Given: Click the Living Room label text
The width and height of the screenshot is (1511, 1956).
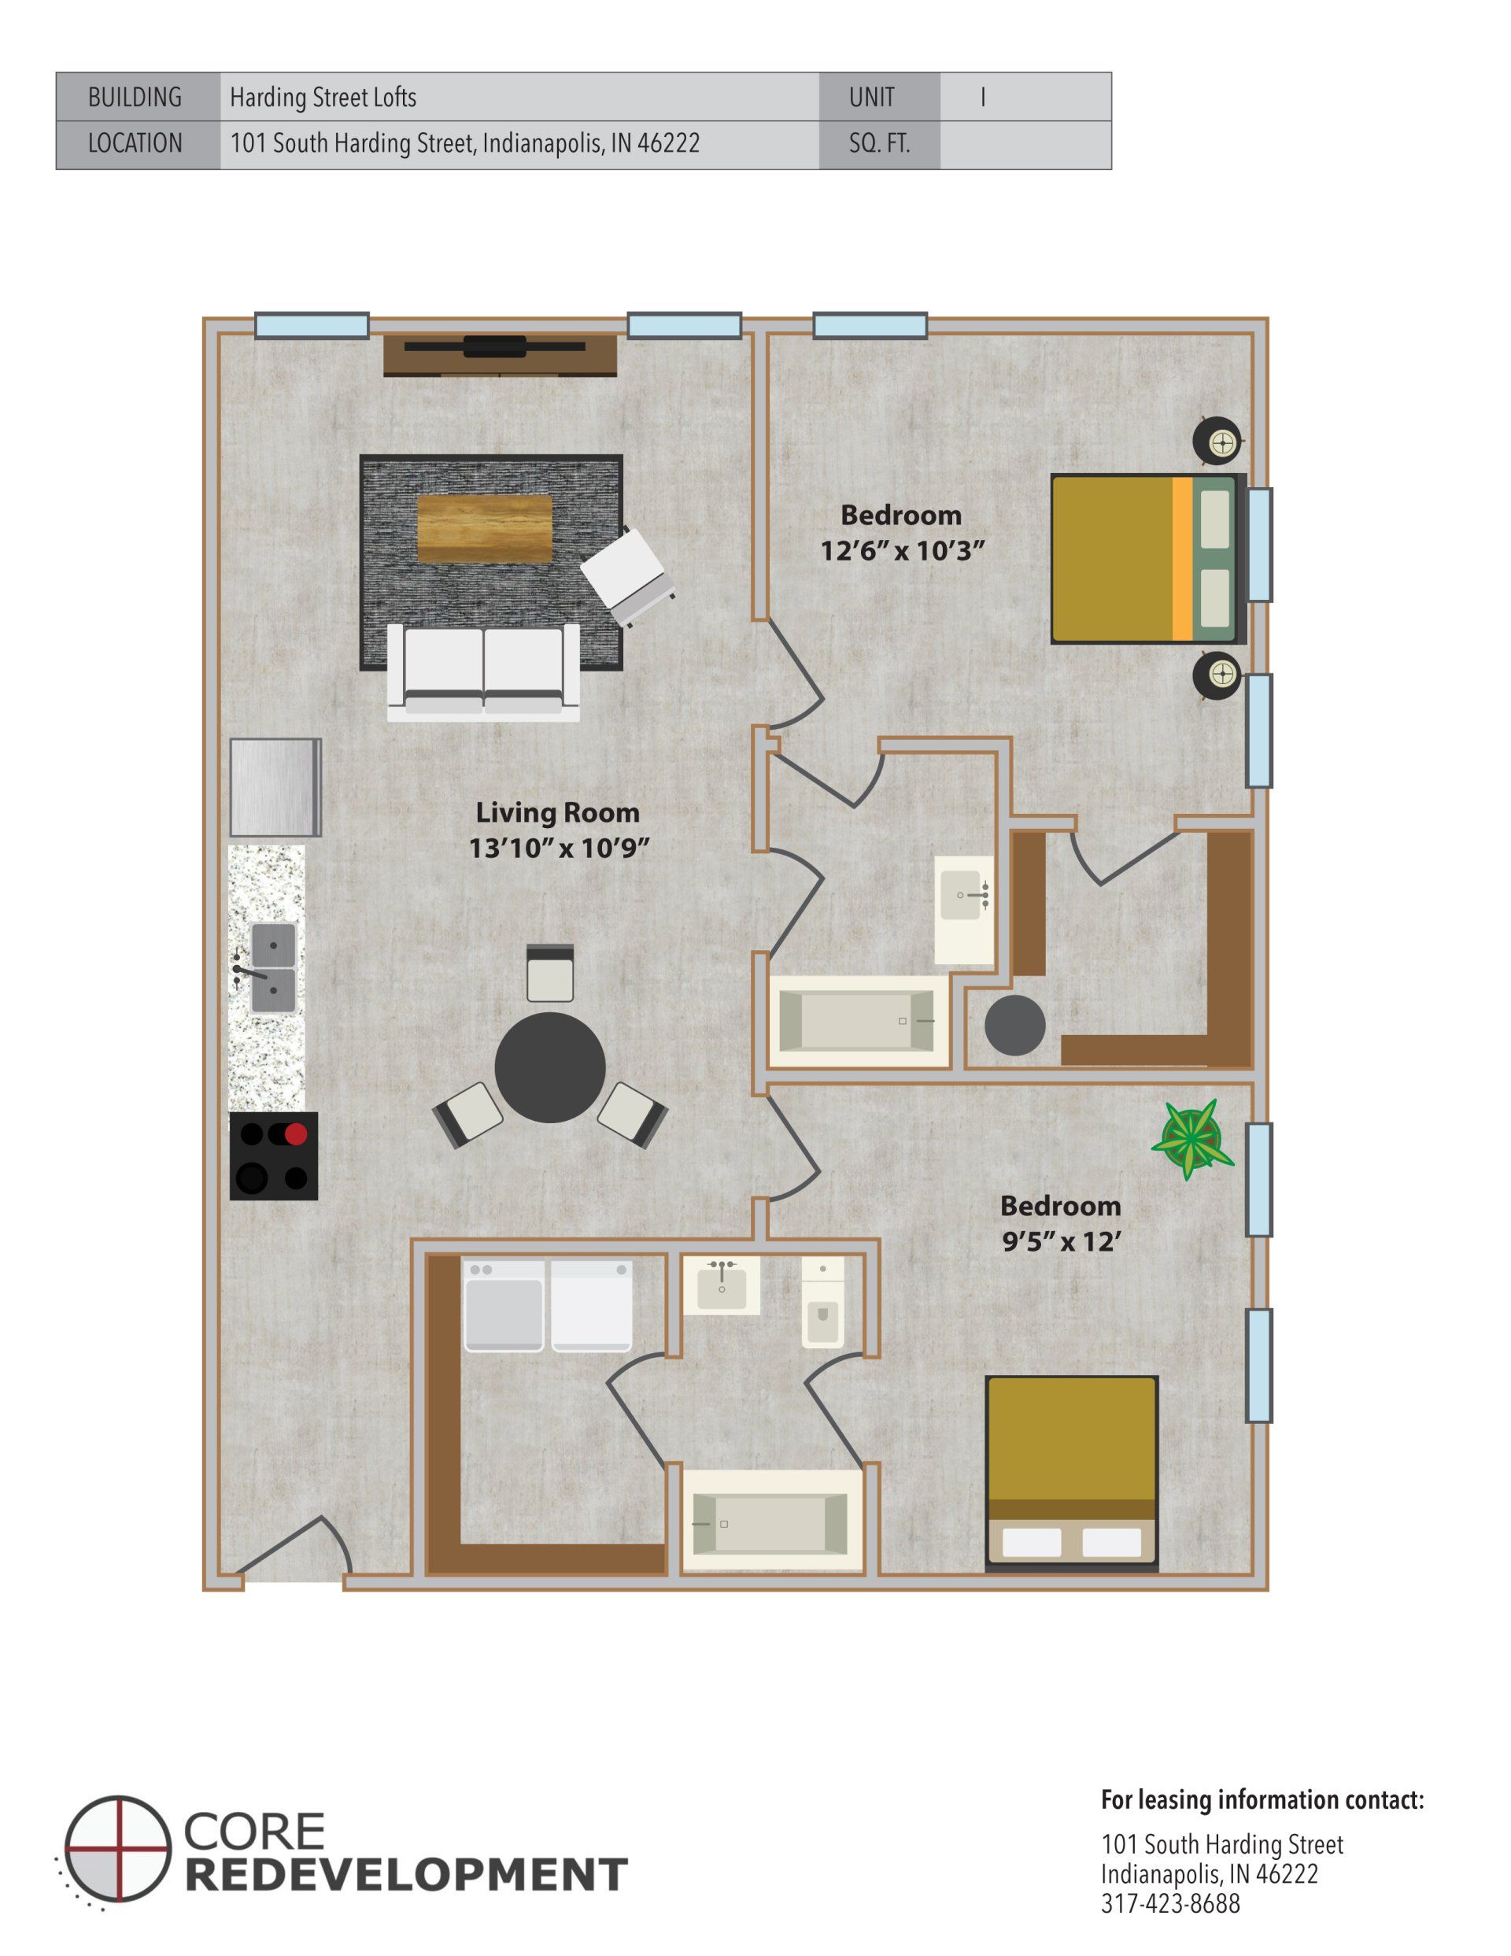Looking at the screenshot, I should [x=557, y=812].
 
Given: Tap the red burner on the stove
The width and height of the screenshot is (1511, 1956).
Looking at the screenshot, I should [x=296, y=1133].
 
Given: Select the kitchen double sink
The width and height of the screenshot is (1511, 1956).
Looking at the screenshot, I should [x=272, y=968].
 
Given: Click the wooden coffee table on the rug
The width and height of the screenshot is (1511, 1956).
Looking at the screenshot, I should [x=485, y=528].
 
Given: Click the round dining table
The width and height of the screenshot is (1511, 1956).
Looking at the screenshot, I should [x=550, y=1067].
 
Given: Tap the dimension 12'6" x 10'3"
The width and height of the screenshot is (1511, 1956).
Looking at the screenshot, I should [x=902, y=550].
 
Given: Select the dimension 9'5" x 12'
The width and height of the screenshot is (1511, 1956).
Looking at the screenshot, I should [x=1061, y=1241].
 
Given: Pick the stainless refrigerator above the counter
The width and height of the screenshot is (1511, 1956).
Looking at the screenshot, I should [x=275, y=787].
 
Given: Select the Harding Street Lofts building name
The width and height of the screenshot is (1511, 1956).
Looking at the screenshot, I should [x=323, y=97].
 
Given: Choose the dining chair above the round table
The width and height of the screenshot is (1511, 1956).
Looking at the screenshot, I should [x=550, y=974].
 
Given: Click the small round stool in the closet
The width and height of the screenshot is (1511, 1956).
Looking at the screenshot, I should [x=1014, y=1026].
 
